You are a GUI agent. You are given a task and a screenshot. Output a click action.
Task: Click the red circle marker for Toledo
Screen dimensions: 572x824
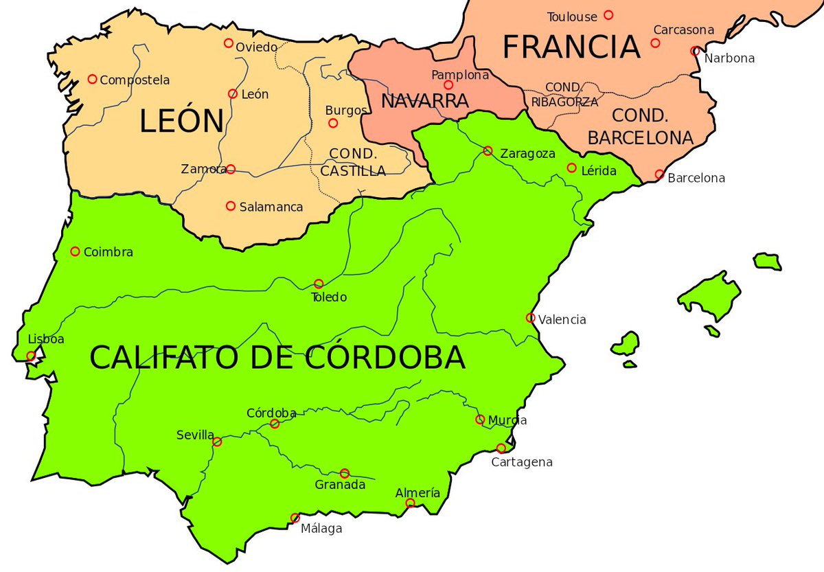pyautogui.click(x=319, y=284)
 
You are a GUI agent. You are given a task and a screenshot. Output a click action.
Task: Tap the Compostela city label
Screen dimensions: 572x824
pyautogui.click(x=135, y=80)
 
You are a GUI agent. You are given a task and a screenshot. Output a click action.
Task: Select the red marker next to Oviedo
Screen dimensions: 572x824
pyautogui.click(x=229, y=43)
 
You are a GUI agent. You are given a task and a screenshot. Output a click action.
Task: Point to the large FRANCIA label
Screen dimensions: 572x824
pyautogui.click(x=571, y=47)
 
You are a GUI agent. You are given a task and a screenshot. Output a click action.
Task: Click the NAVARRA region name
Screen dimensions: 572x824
pyautogui.click(x=424, y=101)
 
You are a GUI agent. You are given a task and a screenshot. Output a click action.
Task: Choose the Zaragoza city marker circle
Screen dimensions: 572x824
pyautogui.click(x=488, y=151)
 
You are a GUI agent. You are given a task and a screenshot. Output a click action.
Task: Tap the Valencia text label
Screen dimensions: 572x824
pyautogui.click(x=562, y=319)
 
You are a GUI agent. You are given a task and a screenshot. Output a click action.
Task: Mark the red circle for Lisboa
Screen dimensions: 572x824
pyautogui.click(x=31, y=356)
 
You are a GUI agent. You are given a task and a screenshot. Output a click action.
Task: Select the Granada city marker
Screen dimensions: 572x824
pyautogui.click(x=345, y=473)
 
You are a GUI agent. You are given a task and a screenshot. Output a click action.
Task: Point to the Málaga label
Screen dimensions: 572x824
pyautogui.click(x=321, y=529)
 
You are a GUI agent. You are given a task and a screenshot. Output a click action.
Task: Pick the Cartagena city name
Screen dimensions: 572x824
pyautogui.click(x=522, y=462)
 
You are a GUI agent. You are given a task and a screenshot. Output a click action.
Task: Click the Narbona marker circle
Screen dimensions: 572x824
pyautogui.click(x=696, y=51)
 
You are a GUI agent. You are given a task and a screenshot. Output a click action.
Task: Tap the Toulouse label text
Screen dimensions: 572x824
pyautogui.click(x=572, y=16)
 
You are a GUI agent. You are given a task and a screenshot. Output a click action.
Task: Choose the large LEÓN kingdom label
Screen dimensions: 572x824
pyautogui.click(x=181, y=122)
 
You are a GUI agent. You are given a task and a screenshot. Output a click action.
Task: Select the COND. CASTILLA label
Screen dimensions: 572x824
pyautogui.click(x=353, y=162)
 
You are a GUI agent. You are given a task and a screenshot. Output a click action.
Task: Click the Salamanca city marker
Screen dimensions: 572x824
pyautogui.click(x=231, y=206)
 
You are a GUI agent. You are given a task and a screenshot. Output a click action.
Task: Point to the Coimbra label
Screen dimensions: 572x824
pyautogui.click(x=108, y=252)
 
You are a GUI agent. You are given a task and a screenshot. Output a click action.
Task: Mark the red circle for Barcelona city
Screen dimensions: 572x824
pyautogui.click(x=659, y=174)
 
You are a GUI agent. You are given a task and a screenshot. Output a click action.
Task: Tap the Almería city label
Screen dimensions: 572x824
pyautogui.click(x=417, y=493)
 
